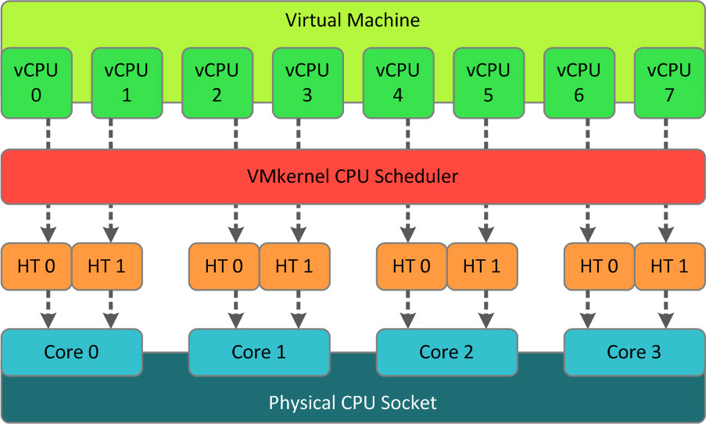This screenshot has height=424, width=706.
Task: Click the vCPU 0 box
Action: click(x=37, y=82)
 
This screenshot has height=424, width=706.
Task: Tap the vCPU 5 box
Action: click(x=488, y=82)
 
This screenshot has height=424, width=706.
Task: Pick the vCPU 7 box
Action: click(x=669, y=82)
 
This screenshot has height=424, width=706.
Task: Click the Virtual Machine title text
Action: click(x=353, y=20)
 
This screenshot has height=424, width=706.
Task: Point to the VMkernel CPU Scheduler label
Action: click(x=353, y=176)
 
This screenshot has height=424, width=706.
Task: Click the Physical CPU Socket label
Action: click(x=353, y=403)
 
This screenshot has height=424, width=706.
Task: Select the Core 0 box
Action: click(x=73, y=351)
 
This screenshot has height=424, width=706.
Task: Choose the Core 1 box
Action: click(x=259, y=351)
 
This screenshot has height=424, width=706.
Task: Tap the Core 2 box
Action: click(x=446, y=351)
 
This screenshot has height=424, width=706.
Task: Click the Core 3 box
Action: click(x=634, y=351)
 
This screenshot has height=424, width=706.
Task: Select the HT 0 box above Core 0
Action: click(x=37, y=266)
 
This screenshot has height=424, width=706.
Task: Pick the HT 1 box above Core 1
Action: click(x=294, y=266)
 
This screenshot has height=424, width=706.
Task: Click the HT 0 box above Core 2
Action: click(x=412, y=266)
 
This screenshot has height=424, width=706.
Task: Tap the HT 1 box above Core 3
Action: click(x=669, y=266)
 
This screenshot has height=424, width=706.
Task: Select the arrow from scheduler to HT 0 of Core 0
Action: click(x=48, y=223)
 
